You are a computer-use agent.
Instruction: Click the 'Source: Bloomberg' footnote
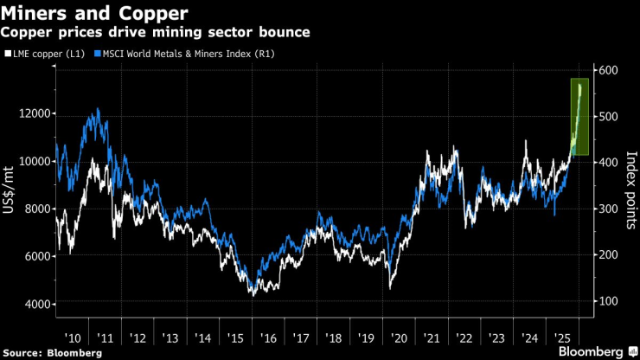[x=53, y=352]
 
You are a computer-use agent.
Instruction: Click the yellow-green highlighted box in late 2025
[x=579, y=117]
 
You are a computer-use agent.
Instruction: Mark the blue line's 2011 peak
[x=98, y=109]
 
